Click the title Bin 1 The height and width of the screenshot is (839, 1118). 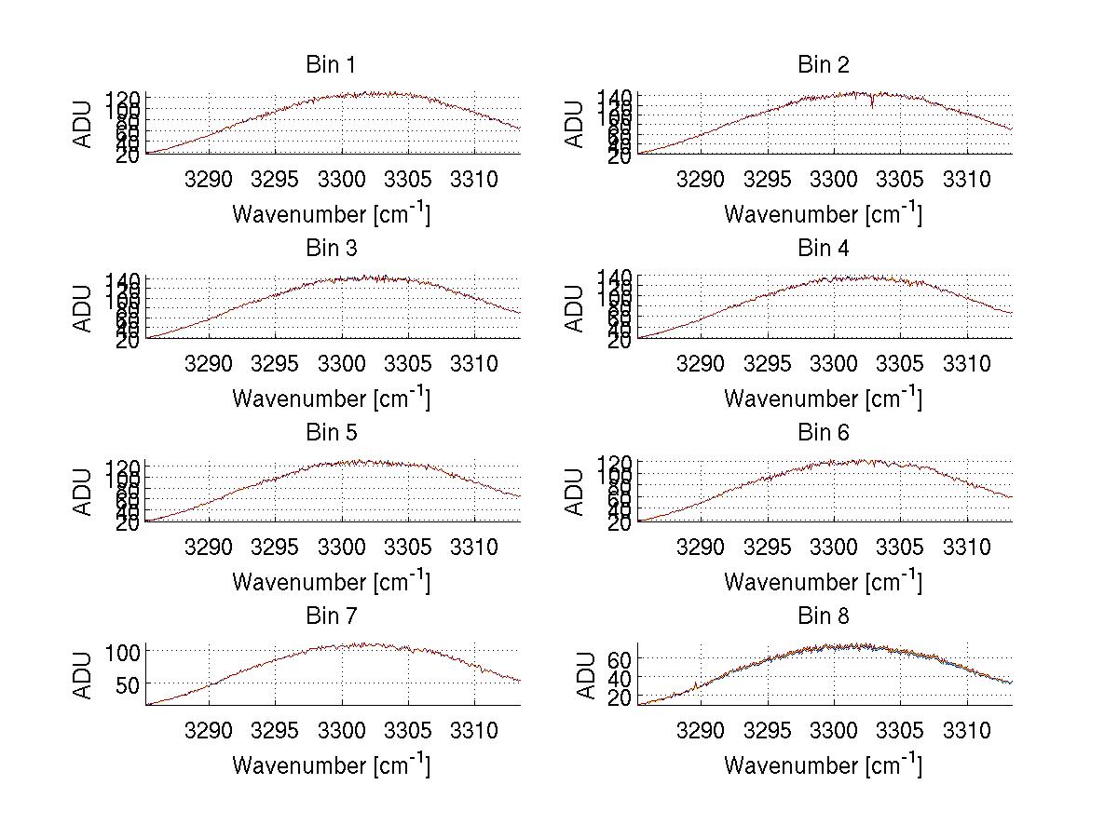click(331, 64)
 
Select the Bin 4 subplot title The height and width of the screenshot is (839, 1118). click(824, 249)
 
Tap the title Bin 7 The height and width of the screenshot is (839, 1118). click(331, 616)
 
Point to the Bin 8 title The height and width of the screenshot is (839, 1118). click(824, 616)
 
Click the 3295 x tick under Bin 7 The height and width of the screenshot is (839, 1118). click(275, 730)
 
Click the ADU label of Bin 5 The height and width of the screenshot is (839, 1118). click(84, 492)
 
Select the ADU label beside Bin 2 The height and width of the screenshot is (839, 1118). click(576, 124)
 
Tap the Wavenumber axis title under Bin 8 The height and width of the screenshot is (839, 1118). click(824, 765)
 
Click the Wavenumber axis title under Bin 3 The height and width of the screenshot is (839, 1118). click(331, 398)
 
